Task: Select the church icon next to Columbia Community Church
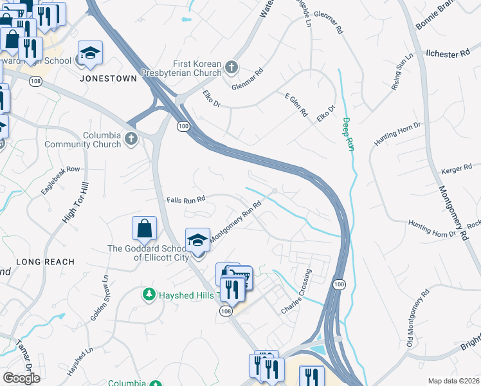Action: coord(131,140)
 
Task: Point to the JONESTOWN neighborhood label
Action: coord(108,78)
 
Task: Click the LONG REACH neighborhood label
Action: coord(45,262)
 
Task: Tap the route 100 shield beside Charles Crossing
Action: coord(338,284)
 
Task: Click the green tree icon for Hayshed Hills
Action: coord(149,295)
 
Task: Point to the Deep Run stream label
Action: coord(347,134)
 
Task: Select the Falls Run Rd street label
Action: coord(186,199)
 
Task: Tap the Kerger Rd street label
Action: coord(457,171)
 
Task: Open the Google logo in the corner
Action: coord(21,378)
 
